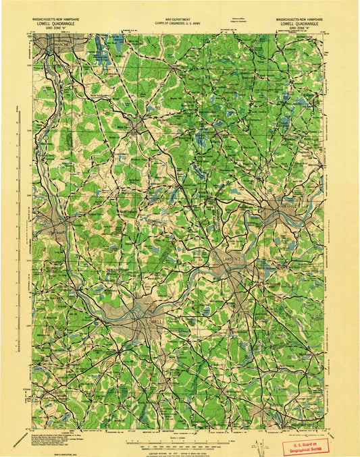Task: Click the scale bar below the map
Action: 178,427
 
